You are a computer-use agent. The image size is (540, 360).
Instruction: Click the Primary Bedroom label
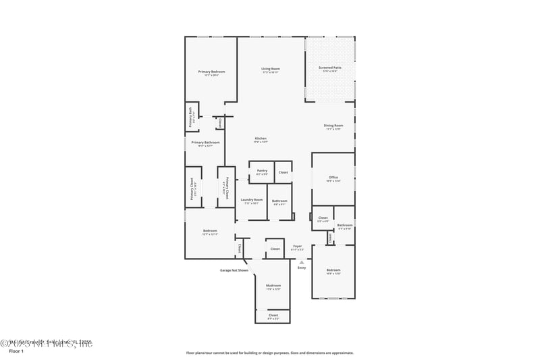[211, 72]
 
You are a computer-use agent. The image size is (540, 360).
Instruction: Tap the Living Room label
[271, 69]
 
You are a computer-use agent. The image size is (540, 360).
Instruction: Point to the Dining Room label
[333, 126]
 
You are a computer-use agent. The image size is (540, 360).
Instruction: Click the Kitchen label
[261, 138]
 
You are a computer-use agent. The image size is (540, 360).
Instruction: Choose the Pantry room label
[262, 171]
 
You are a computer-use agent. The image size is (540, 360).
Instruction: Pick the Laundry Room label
[251, 200]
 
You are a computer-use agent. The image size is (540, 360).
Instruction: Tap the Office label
[333, 178]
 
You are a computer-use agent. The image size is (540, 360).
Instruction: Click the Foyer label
[297, 247]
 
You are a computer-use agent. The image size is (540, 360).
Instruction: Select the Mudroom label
[273, 286]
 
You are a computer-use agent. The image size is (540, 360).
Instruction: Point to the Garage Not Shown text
[234, 270]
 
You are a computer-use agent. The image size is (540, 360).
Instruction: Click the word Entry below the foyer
[302, 268]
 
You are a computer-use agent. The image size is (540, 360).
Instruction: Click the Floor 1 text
[16, 351]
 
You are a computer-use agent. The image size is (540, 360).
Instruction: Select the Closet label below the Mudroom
[273, 315]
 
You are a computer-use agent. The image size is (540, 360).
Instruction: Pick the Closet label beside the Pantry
[283, 172]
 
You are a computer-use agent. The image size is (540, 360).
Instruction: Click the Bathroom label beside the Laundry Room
[279, 201]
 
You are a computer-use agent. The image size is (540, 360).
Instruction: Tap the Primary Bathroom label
[206, 143]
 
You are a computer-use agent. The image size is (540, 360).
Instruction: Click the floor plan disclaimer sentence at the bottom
[269, 353]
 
